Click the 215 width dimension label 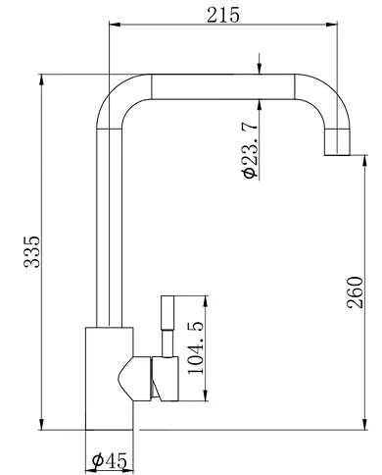point(223,14)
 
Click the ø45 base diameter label point(109,457)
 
